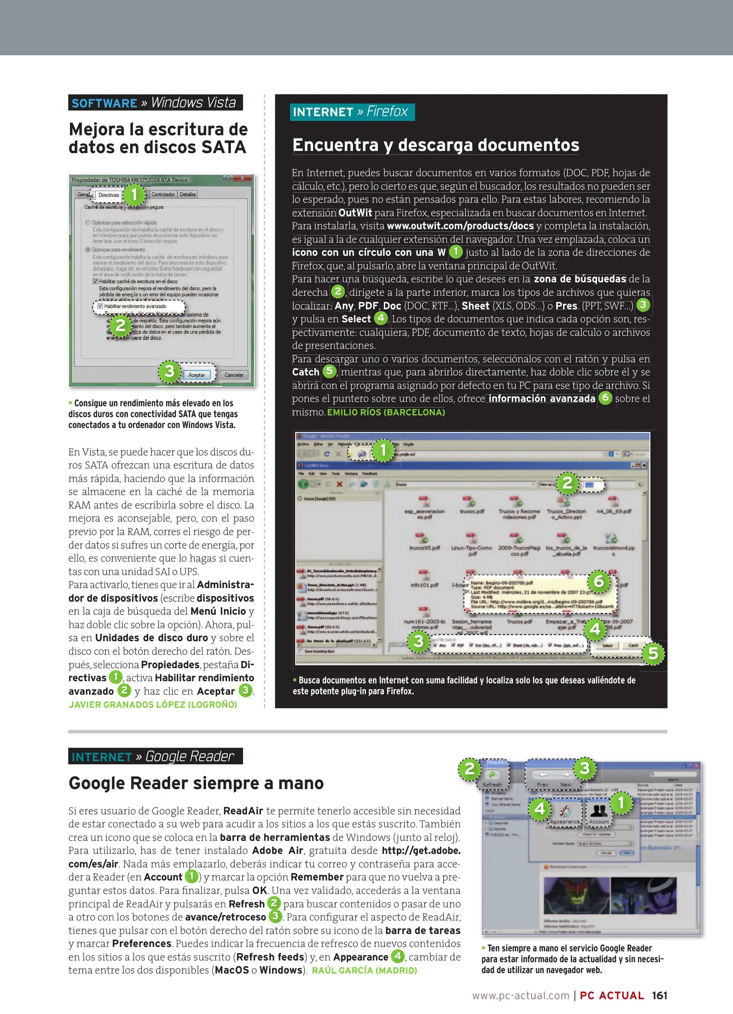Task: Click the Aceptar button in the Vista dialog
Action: tap(197, 375)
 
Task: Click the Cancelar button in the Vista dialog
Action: tap(234, 375)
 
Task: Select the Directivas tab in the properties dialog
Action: tap(108, 195)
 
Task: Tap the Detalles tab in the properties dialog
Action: tap(188, 194)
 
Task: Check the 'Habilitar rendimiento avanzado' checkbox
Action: tap(100, 306)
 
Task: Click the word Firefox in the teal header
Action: tap(387, 112)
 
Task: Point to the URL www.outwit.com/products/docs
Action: tap(460, 226)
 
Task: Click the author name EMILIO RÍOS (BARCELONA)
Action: tap(386, 412)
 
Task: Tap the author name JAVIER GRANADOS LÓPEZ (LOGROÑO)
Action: tap(153, 705)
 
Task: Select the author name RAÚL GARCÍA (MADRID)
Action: tap(364, 970)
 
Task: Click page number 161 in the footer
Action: tap(659, 995)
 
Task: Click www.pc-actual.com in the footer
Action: tap(520, 996)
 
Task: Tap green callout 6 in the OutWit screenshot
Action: tap(598, 581)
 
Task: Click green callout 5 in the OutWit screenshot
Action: tap(653, 653)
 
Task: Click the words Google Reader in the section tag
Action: tap(189, 756)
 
